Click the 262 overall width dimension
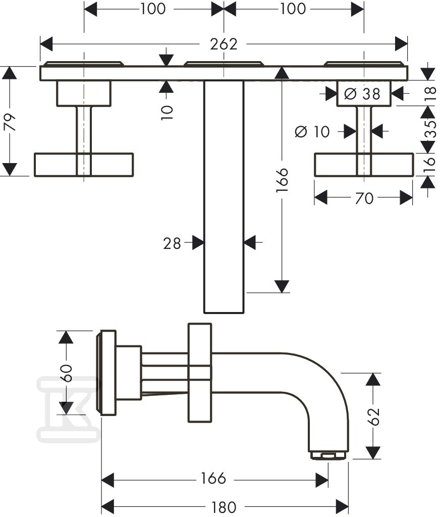pos(224,44)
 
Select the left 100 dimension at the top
pos(153,9)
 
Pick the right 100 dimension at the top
pos(293,9)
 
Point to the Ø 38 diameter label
pos(362,94)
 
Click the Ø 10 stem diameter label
pos(312,132)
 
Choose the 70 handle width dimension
pos(364,198)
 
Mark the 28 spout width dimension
pos(172,244)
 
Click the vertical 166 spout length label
pos(283,180)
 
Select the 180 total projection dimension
pos(224,507)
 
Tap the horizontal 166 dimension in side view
pos(213,478)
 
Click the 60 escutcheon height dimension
pos(67,373)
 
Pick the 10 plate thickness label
pos(167,113)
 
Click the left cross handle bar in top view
pos(84,165)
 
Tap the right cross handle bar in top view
pos(364,165)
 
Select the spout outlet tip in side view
pos(328,455)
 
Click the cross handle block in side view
pos(199,373)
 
